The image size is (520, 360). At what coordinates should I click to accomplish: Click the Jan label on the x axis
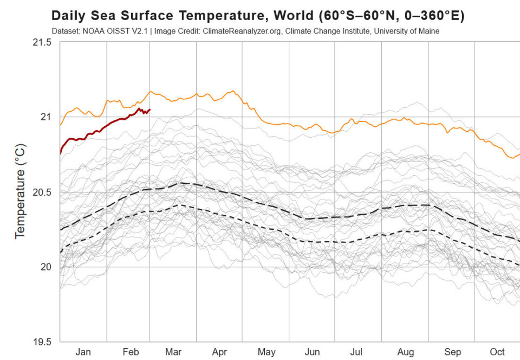83,352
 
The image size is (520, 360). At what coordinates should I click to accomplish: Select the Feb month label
131,352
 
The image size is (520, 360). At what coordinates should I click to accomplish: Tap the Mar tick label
173,352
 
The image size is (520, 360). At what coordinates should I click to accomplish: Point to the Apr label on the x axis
219,352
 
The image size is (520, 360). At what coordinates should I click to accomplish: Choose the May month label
266,352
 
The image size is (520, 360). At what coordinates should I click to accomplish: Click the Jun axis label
313,352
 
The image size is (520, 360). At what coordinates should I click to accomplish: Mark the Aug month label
405,352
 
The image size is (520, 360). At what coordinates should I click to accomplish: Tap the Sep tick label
453,352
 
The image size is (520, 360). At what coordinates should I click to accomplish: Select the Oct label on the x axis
497,352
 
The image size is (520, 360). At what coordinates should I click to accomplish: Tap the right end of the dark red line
149,110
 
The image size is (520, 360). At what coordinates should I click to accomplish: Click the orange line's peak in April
233,91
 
